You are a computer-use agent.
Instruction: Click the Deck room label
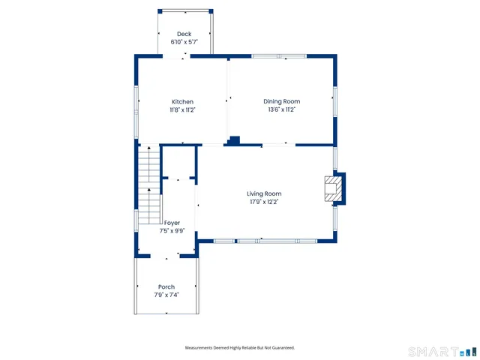coord(184,34)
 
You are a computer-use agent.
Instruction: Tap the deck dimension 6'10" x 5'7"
coord(184,42)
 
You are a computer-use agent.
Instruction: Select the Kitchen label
coord(182,101)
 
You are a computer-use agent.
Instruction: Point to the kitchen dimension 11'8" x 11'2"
coord(182,109)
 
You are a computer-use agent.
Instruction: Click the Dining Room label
coord(281,101)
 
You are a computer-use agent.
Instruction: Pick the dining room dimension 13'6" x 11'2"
coord(281,109)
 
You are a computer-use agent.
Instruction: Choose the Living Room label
coord(264,193)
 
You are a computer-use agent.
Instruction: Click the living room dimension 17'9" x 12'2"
coord(264,202)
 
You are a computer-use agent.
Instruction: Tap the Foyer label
coord(172,223)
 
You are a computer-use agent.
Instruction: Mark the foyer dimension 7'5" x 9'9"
coord(172,231)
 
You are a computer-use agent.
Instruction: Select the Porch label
coord(166,286)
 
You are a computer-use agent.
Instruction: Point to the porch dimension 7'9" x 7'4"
coord(166,295)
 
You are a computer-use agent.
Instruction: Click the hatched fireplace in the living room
coord(331,188)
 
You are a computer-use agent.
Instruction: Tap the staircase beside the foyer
coord(149,184)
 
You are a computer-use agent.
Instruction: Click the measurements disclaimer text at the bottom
coord(240,347)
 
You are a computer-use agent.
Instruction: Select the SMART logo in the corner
coord(438,351)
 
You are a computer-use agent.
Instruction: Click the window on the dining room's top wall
coord(278,56)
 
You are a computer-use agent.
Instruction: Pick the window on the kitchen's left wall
coord(136,101)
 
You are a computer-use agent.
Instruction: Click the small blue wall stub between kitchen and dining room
coord(234,140)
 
